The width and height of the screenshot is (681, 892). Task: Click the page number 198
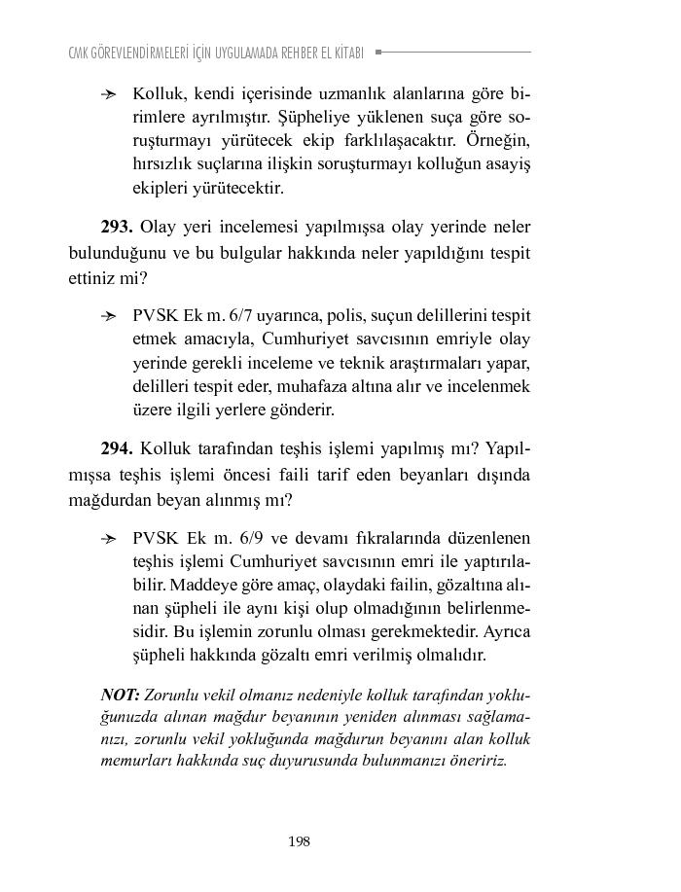pos(299,841)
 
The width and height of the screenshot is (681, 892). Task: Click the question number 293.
pos(117,228)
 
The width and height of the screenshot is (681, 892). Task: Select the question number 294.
pos(117,449)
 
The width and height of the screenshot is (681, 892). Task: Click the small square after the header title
pos(378,52)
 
